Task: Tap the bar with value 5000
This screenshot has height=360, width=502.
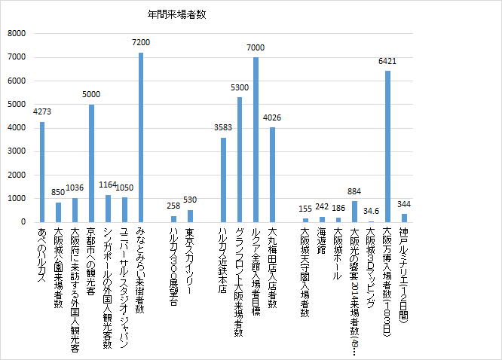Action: (91, 163)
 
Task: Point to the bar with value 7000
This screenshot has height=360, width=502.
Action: (256, 139)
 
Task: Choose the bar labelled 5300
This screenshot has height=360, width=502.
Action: (240, 159)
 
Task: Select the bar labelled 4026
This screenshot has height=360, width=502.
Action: (272, 174)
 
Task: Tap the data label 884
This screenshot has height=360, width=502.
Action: (354, 192)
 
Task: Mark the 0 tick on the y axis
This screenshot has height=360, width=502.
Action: (23, 222)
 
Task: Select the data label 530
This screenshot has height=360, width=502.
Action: (190, 200)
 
